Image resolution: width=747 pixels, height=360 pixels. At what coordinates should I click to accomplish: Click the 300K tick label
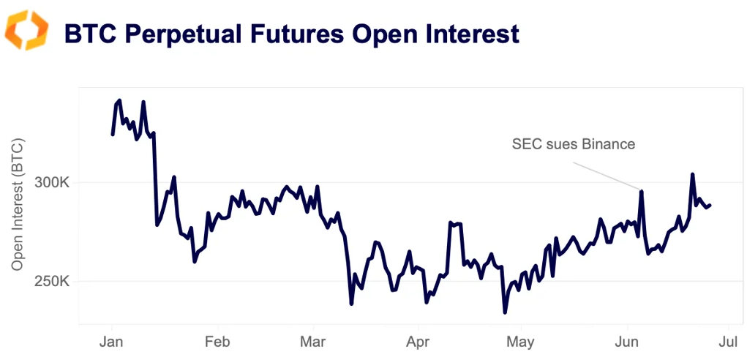pyautogui.click(x=53, y=182)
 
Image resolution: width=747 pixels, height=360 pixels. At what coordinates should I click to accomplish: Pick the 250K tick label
pyautogui.click(x=53, y=282)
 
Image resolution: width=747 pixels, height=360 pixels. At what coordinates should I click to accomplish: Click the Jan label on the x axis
pyautogui.click(x=112, y=342)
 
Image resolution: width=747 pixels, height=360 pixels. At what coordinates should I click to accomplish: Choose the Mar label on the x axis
pyautogui.click(x=313, y=342)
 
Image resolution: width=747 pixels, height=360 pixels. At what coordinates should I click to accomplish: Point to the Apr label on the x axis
pyautogui.click(x=418, y=342)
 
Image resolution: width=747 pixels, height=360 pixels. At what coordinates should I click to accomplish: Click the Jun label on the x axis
pyautogui.click(x=627, y=342)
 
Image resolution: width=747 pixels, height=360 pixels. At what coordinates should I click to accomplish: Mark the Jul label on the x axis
pyautogui.click(x=727, y=342)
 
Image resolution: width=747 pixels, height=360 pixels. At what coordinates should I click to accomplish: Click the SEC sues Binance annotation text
pyautogui.click(x=574, y=144)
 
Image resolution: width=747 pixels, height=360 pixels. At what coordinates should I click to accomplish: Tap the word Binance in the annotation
pyautogui.click(x=608, y=144)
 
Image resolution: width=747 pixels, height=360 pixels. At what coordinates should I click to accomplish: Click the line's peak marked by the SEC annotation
pyautogui.click(x=642, y=192)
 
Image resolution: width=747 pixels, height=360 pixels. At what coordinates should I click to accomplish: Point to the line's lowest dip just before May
pyautogui.click(x=505, y=312)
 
